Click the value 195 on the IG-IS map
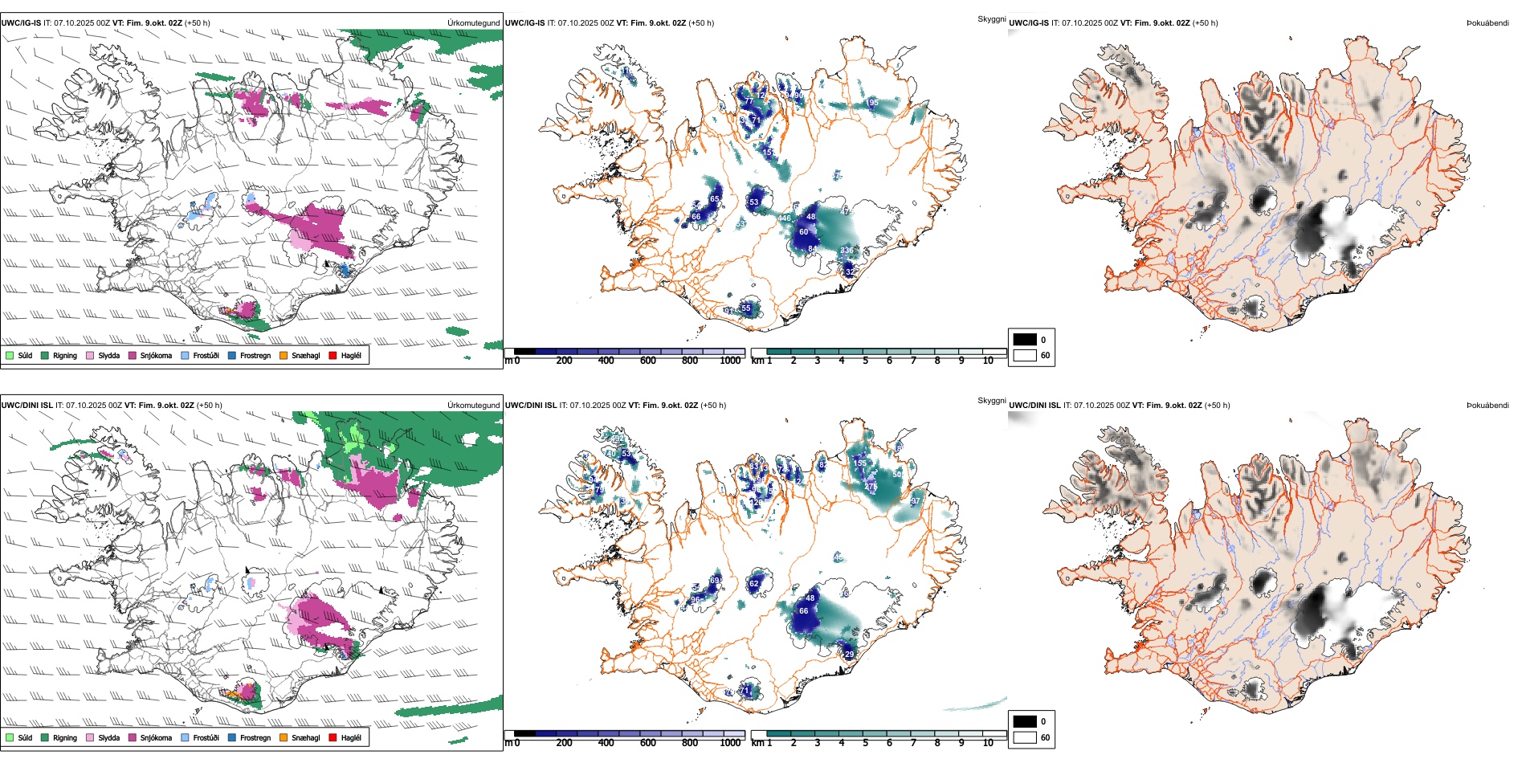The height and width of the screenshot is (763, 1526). click(x=873, y=103)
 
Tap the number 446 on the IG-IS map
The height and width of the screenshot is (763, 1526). click(x=785, y=218)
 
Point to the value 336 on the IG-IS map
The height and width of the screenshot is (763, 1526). click(x=847, y=251)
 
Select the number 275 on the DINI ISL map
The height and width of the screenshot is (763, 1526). click(x=871, y=487)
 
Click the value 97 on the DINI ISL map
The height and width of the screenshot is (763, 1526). click(x=916, y=501)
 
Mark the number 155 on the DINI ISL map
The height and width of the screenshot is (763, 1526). click(x=860, y=463)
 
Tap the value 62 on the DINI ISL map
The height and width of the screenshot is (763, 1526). click(x=753, y=584)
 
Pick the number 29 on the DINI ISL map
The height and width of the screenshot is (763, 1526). click(x=850, y=655)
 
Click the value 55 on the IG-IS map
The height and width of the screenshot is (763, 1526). click(x=746, y=308)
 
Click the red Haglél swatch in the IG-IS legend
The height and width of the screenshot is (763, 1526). click(x=333, y=355)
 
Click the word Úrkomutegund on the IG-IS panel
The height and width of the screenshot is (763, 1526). click(x=474, y=23)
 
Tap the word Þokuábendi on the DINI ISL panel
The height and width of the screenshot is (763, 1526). click(x=1487, y=406)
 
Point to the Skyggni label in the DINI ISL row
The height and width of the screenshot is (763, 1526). click(x=991, y=401)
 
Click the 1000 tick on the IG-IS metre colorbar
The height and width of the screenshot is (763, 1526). click(x=730, y=361)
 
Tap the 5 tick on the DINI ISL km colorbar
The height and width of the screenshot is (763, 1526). click(x=866, y=743)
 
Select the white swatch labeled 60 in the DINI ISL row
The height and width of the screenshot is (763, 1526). click(x=1025, y=737)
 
